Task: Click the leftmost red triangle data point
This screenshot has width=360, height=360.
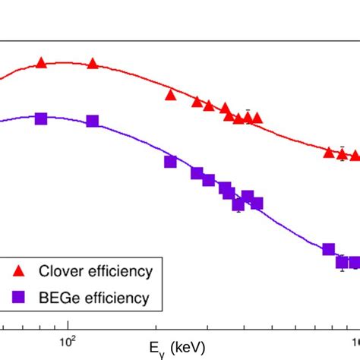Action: click(x=41, y=64)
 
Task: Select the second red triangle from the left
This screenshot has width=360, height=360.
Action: click(x=93, y=64)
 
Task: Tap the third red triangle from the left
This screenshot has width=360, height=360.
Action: click(x=170, y=95)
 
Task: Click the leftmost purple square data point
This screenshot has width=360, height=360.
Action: click(x=41, y=118)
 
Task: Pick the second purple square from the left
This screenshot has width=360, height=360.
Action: click(x=93, y=122)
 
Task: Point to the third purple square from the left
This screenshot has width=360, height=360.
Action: click(x=170, y=161)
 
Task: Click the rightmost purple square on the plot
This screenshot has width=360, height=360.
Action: click(x=355, y=263)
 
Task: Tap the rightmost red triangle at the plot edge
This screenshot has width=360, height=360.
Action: click(x=355, y=155)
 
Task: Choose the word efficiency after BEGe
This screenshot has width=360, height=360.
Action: click(x=114, y=298)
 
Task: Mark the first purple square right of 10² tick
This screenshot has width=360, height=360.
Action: click(x=93, y=122)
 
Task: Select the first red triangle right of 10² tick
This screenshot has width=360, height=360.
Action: click(x=93, y=64)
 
